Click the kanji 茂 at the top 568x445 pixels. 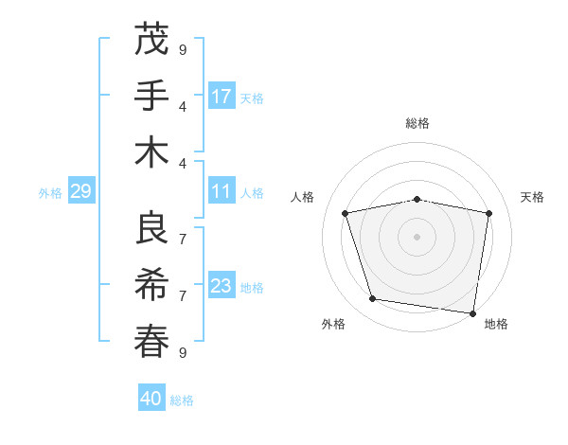151,40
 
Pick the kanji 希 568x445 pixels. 151,284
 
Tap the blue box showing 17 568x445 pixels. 222,97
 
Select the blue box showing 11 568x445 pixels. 222,191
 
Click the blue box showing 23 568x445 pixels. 222,286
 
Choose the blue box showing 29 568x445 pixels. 80,192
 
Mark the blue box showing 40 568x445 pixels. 151,399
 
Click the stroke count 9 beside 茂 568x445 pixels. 183,49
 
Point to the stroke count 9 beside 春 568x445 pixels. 183,352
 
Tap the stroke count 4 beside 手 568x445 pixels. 183,106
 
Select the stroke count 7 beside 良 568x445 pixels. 183,239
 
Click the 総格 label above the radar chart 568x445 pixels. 417,123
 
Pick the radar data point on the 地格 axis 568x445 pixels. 472,312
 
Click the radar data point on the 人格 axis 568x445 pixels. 346,213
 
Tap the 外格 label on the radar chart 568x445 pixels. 333,324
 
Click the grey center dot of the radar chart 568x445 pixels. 417,236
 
